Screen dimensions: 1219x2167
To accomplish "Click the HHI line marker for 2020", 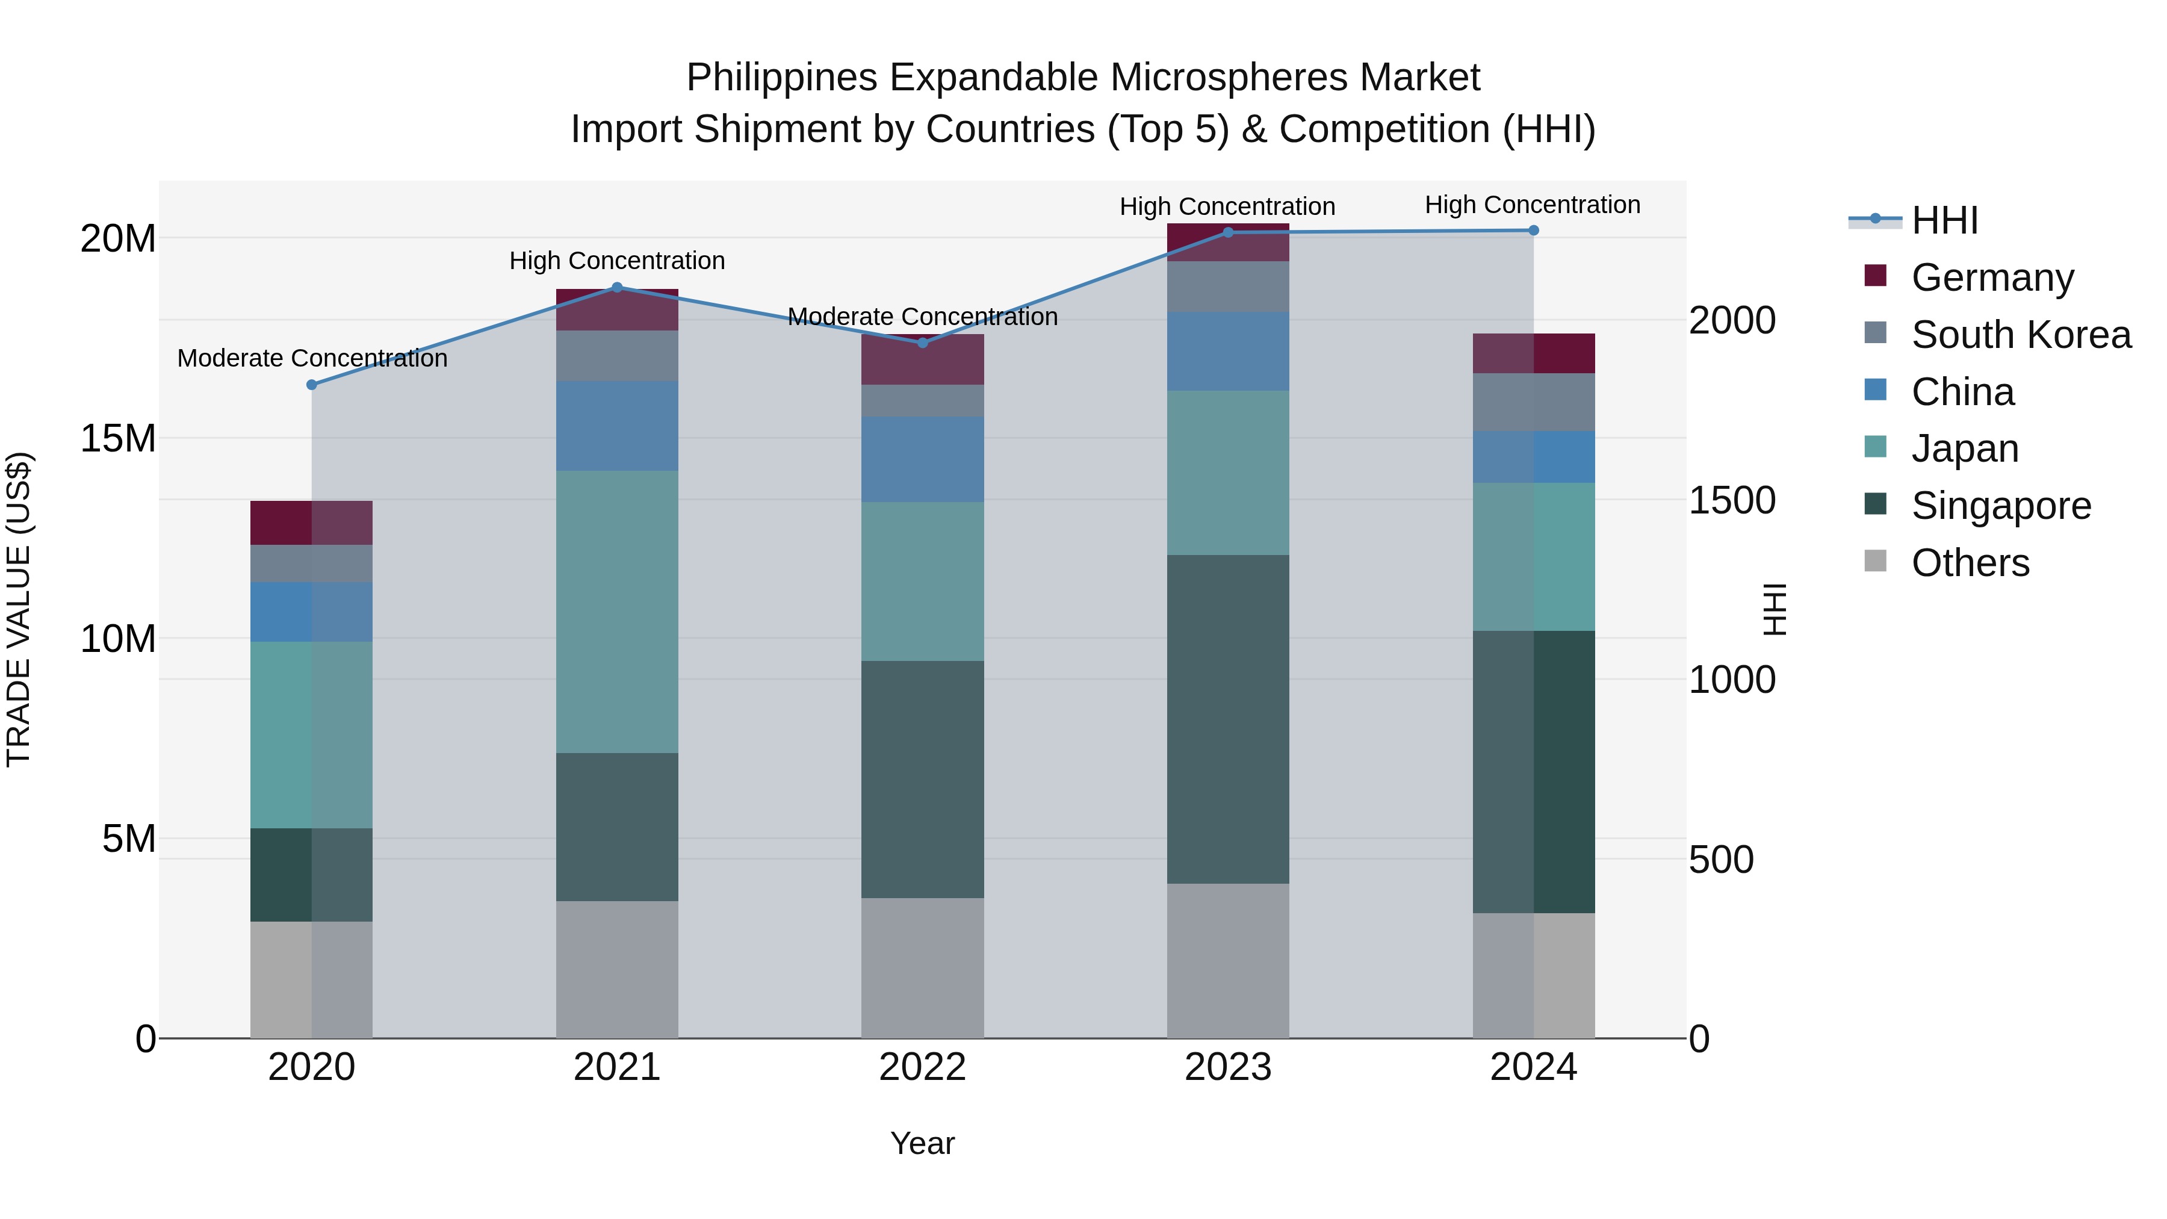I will tap(311, 385).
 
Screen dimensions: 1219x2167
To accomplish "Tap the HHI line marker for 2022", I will tap(922, 343).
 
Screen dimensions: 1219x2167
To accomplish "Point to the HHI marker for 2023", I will tap(1227, 232).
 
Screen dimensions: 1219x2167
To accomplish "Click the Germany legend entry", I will tap(1992, 278).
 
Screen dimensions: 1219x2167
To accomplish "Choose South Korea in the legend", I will tap(2021, 335).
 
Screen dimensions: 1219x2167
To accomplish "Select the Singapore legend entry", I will tap(2000, 506).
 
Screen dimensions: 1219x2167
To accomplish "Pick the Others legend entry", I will tap(1970, 563).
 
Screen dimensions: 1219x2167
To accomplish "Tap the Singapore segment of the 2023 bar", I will tap(1227, 719).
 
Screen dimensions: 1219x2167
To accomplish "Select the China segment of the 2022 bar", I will tap(922, 459).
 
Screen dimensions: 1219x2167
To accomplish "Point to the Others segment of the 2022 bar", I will tap(922, 967).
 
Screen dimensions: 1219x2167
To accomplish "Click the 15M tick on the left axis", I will tap(118, 438).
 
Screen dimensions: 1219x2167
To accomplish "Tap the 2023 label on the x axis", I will tap(1227, 1067).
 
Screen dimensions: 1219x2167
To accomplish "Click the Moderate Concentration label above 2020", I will tap(312, 358).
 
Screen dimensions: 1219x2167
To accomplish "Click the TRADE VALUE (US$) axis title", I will tap(19, 609).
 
